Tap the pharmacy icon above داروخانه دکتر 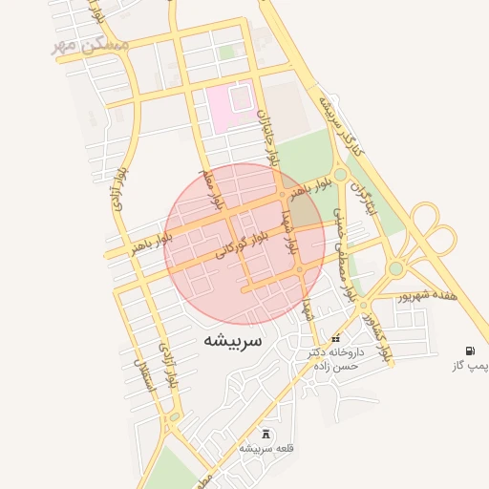click(x=335, y=339)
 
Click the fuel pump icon click(x=469, y=351)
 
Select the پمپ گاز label click(x=469, y=366)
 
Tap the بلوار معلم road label click(x=210, y=191)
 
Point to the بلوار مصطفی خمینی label click(x=347, y=252)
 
